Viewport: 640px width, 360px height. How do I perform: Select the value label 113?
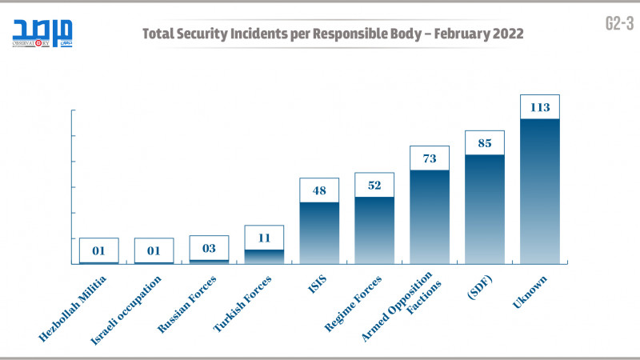click(539, 107)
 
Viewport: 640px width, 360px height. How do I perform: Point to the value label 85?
click(484, 143)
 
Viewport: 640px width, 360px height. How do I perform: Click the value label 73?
click(429, 158)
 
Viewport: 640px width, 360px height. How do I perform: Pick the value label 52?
click(374, 185)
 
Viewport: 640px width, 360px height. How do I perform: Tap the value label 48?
click(319, 190)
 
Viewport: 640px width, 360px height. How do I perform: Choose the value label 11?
click(264, 238)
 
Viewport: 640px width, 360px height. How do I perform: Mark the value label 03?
click(209, 248)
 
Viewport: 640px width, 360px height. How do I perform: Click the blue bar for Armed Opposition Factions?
click(429, 216)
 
